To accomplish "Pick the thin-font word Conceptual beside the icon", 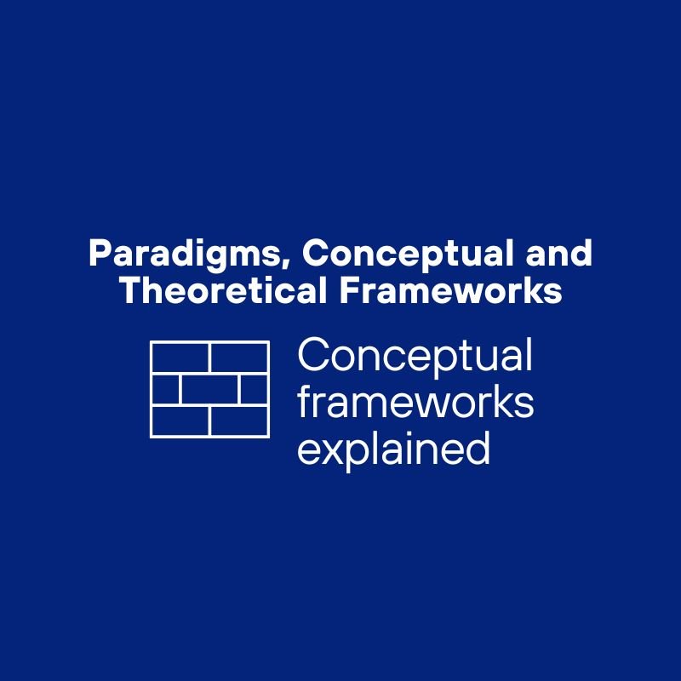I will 415,356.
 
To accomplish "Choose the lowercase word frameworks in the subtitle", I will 415,403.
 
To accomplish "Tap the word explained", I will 393,449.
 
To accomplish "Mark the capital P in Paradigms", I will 97,254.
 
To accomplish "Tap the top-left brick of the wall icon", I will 180,358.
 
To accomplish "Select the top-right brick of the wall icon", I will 239,358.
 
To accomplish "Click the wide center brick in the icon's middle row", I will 209,389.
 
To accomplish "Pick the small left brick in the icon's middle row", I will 166,389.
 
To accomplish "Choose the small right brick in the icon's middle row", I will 254,389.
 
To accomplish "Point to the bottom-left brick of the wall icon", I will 180,421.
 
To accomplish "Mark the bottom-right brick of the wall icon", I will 239,421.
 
